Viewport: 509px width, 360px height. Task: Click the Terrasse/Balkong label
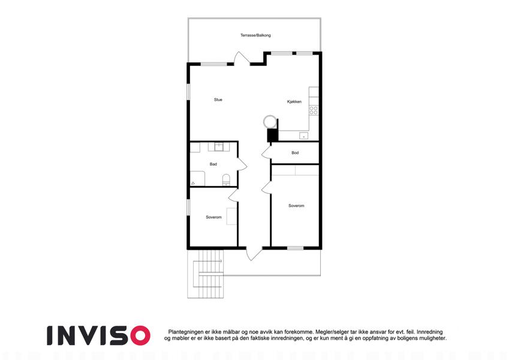tap(255, 35)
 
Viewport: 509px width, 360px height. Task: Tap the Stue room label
tap(218, 100)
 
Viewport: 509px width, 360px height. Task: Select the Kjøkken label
tap(294, 101)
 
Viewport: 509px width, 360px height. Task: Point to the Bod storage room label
tap(295, 153)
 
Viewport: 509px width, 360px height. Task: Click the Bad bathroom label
tap(213, 164)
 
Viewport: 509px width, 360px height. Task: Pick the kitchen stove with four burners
tap(314, 110)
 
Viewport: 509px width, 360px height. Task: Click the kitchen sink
tap(304, 136)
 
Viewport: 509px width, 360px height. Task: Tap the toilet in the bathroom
tap(226, 180)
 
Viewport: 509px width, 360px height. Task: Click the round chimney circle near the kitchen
tap(270, 122)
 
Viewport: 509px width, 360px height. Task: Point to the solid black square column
tap(273, 135)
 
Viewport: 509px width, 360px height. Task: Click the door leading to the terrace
tap(242, 58)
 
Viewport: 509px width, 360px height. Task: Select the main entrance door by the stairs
tap(254, 253)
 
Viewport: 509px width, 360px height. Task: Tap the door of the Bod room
tap(267, 153)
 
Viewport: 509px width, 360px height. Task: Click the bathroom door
tap(242, 164)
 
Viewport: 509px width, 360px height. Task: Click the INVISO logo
tap(98, 335)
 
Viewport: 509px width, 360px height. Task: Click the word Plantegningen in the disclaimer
tap(186, 332)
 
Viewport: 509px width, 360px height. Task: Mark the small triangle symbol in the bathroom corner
tap(193, 184)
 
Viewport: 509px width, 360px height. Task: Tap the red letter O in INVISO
tap(140, 335)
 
